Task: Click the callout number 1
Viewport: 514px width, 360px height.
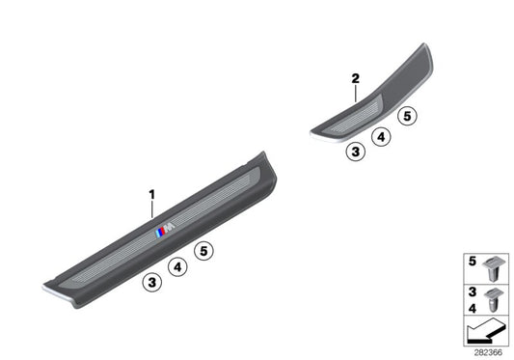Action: [151, 195]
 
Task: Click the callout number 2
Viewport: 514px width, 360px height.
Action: [355, 77]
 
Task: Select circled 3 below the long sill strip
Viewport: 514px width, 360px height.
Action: [151, 282]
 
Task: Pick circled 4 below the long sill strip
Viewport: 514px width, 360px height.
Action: [177, 266]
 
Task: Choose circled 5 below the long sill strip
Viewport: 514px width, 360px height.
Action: [203, 252]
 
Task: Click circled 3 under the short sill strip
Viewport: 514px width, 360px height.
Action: [356, 152]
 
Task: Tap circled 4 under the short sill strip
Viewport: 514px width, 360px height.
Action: [381, 137]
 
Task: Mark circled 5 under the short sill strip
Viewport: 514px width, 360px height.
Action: [407, 118]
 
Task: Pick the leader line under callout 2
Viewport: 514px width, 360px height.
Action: [355, 93]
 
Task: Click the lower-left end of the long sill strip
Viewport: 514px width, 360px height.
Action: [50, 287]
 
